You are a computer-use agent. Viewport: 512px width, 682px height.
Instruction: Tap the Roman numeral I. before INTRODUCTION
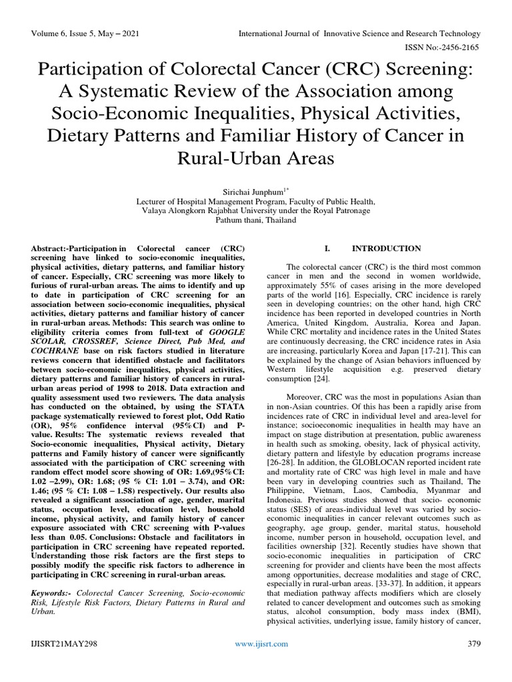pos(327,248)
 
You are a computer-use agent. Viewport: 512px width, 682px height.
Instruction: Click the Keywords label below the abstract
pos(53,592)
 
